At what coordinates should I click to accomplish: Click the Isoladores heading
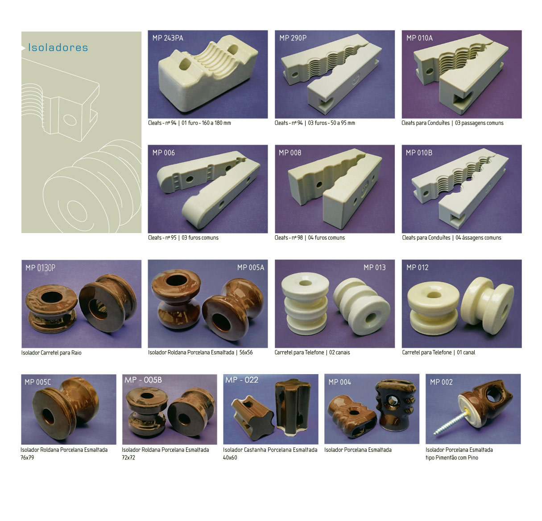pos(58,47)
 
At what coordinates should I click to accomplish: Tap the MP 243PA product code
pos(168,38)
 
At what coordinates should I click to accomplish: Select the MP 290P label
pos(293,38)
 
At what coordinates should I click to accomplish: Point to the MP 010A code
pos(419,38)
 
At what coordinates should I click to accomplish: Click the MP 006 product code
pos(163,153)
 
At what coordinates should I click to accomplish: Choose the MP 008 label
pos(290,153)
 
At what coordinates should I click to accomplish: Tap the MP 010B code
pos(419,153)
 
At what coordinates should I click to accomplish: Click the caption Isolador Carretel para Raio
pos(51,353)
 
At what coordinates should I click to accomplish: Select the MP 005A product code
pos(250,267)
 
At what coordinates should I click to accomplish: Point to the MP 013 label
pos(375,267)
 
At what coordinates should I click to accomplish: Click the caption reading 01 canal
pos(466,352)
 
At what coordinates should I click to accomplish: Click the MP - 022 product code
pos(242,379)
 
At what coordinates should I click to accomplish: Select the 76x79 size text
pos(27,458)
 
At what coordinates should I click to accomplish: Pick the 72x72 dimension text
pos(128,458)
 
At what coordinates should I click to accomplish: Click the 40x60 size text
pos(230,458)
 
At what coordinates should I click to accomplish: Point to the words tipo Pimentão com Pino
pos(452,458)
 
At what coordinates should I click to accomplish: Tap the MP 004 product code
pos(339,382)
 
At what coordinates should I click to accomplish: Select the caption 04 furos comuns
pos(327,238)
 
